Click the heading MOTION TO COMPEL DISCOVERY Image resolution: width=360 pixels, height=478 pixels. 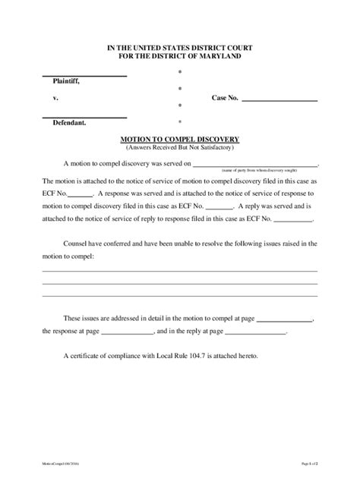click(x=180, y=140)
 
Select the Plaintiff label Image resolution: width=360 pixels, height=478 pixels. click(x=65, y=80)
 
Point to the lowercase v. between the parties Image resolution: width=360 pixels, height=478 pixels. click(x=55, y=99)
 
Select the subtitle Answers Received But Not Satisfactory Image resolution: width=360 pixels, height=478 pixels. click(x=180, y=148)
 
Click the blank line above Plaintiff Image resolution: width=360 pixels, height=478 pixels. click(x=84, y=74)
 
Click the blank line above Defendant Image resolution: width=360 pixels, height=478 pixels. click(x=84, y=115)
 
